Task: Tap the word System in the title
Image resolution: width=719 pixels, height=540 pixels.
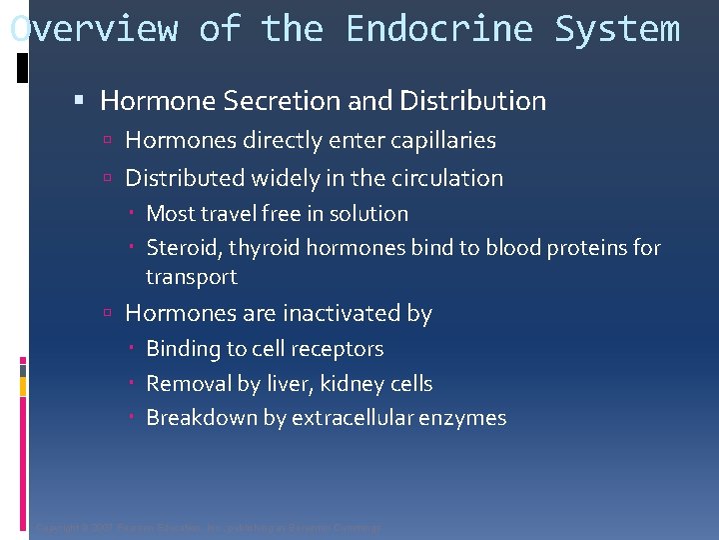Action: pos(616,29)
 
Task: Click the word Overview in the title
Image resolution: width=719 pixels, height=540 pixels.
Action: pos(94,29)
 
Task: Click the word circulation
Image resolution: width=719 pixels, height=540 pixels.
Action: pos(446,178)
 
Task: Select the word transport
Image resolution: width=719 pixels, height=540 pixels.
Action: pos(192,276)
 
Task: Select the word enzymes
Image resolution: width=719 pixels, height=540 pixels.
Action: pos(470,418)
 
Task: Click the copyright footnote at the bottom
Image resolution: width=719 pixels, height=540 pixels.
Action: pos(208,527)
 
